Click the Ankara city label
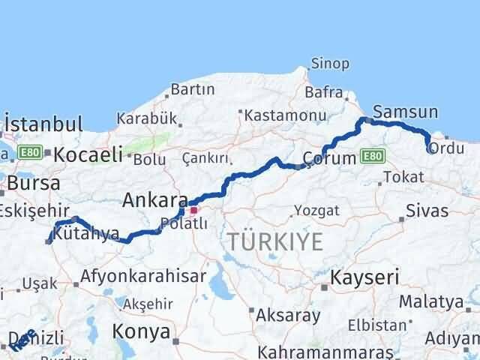[x=155, y=201]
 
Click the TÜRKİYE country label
[x=275, y=241]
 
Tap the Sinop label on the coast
[x=329, y=64]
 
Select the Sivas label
[x=427, y=211]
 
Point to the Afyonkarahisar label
[x=144, y=275]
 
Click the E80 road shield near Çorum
[x=370, y=157]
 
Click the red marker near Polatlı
[x=193, y=211]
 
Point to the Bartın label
[x=193, y=89]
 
